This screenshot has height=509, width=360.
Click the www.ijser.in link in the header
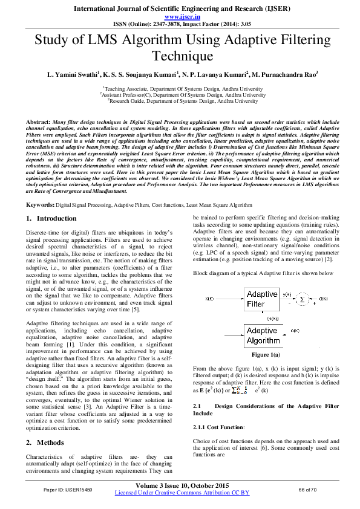[x=180, y=17]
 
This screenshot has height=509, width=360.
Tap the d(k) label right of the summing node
[x=324, y=299]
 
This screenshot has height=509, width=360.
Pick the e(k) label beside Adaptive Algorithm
[x=296, y=331]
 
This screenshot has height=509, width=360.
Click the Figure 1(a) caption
[x=265, y=354]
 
